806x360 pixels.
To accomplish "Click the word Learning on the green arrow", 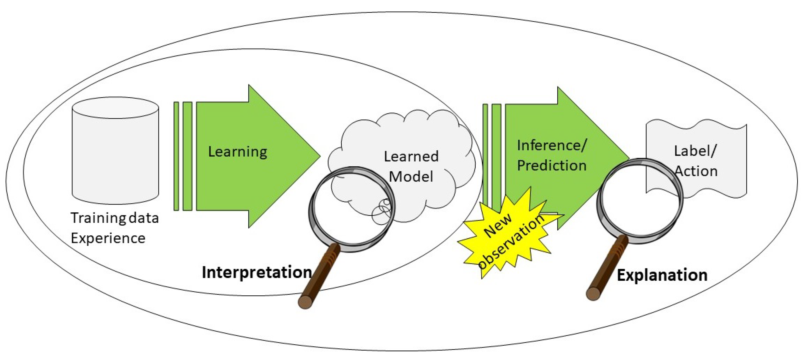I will click(238, 152).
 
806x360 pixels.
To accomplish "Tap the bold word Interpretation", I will click(257, 272).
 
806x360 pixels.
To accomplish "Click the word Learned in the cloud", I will click(411, 156).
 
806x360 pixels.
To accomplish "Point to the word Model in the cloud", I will click(411, 177).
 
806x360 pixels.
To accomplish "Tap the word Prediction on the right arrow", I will click(552, 166).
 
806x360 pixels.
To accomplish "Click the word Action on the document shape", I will click(696, 171).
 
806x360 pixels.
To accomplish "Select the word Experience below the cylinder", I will click(108, 238).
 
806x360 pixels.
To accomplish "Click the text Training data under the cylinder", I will click(115, 218).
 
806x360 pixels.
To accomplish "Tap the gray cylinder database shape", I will click(115, 157).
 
